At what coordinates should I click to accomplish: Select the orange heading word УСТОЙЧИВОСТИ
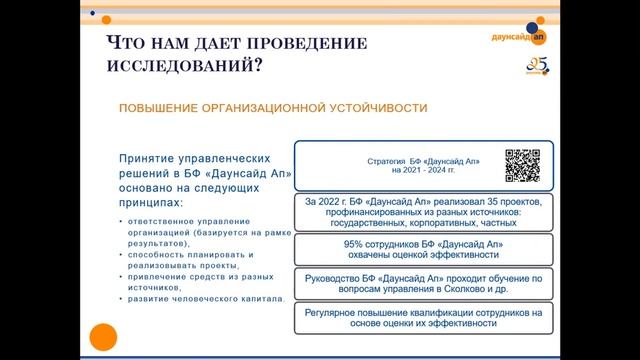[x=369, y=108]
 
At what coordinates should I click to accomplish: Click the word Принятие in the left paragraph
[x=149, y=158]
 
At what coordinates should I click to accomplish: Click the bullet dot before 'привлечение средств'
[x=121, y=276]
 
